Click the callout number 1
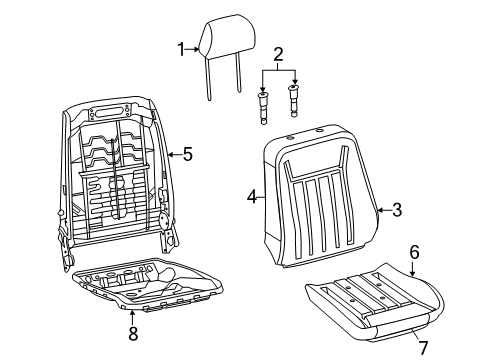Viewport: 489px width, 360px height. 182,48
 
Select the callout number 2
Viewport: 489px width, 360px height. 279,55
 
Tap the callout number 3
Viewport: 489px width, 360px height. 397,209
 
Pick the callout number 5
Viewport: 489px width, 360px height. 186,154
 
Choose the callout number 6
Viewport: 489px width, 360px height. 413,254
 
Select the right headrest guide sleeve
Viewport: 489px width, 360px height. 293,100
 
